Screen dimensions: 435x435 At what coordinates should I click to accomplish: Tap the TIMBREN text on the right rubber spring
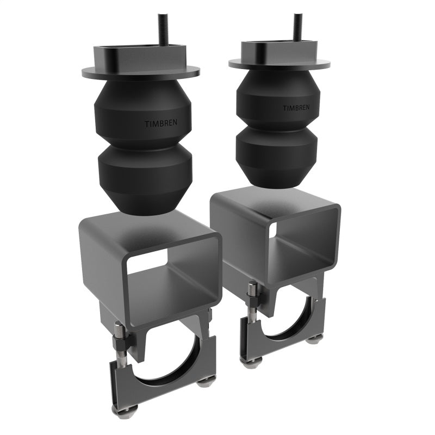296,108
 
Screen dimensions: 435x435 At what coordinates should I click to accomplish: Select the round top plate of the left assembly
98,72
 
